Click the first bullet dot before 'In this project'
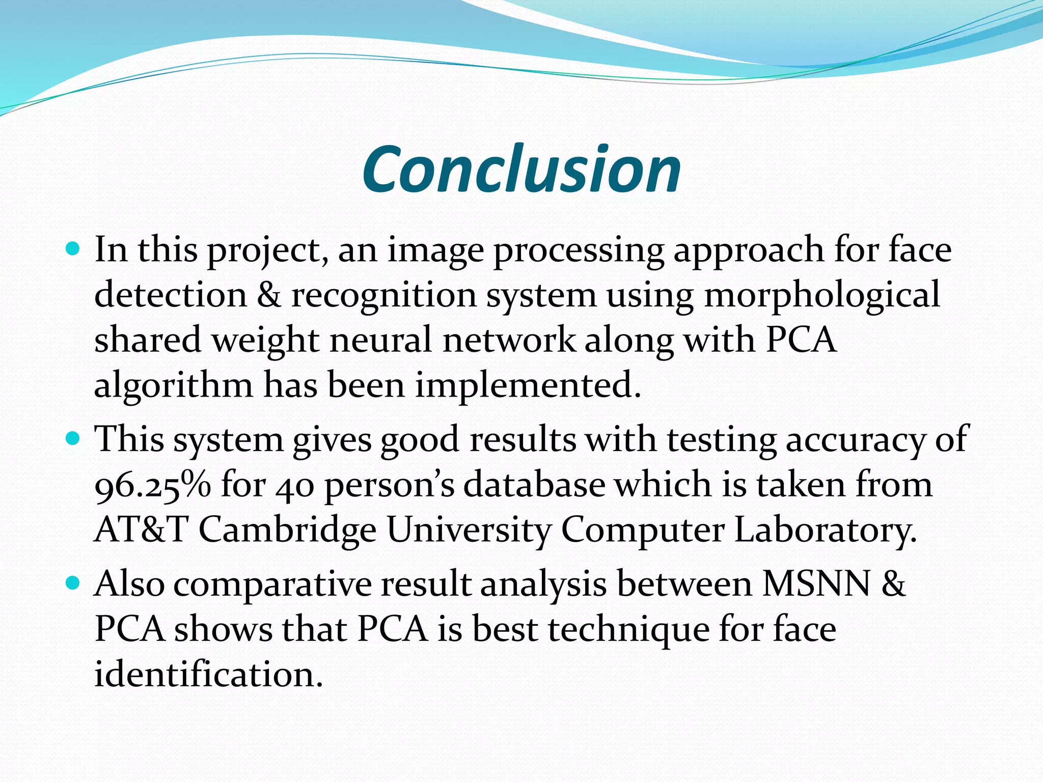tap(73, 249)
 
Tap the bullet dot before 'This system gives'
tap(73, 438)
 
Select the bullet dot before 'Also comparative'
tap(73, 583)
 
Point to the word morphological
tap(822, 295)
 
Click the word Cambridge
tap(287, 529)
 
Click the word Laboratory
tap(825, 529)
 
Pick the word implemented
tap(528, 385)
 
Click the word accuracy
tap(855, 439)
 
